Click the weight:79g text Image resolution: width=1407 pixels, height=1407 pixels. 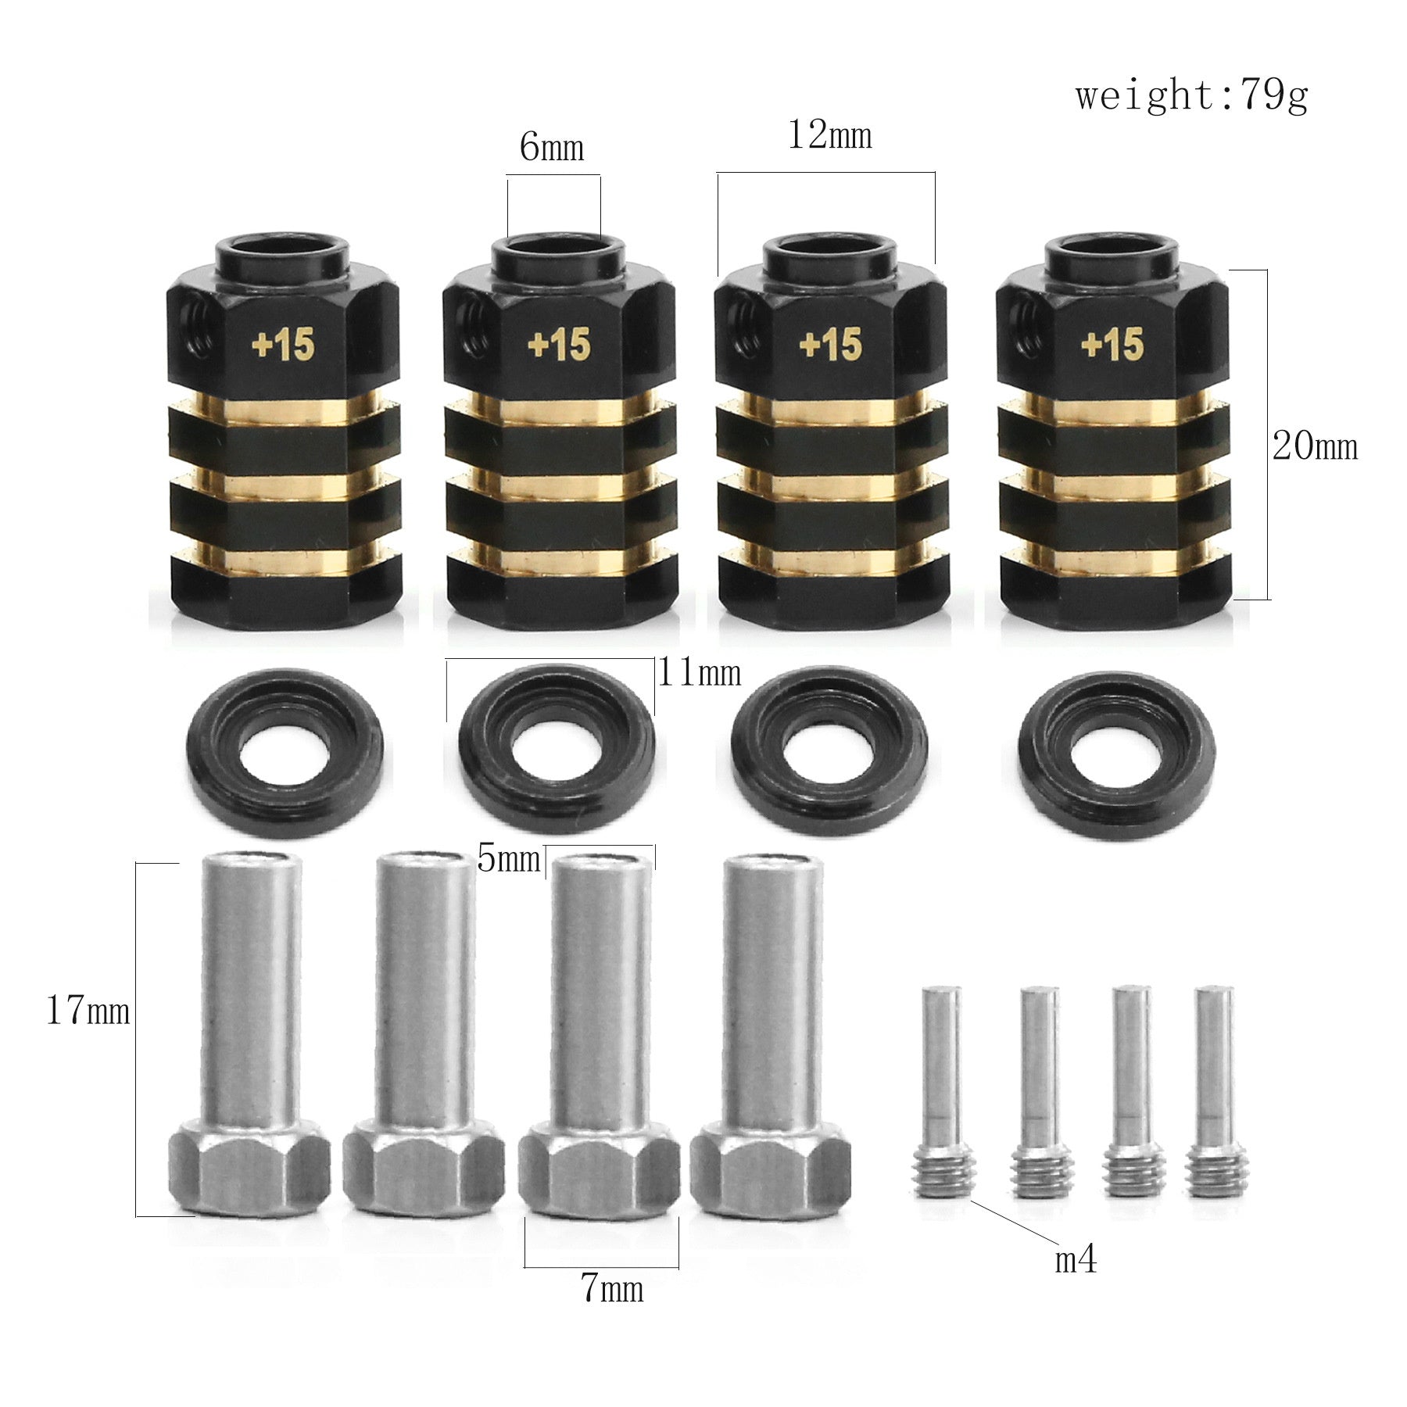(1191, 97)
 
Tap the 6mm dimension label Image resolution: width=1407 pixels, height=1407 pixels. (552, 147)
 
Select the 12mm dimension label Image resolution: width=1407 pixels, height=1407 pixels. (829, 135)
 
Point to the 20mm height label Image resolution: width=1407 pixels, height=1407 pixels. (1315, 446)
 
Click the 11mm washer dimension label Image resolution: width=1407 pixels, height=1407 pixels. (699, 671)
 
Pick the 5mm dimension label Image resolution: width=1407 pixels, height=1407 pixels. (508, 860)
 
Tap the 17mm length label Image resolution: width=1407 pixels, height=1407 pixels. (88, 1012)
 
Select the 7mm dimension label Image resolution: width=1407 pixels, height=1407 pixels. (612, 1289)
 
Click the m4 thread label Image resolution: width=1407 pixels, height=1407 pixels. (1076, 1259)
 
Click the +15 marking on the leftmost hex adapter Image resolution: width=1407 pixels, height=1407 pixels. (282, 345)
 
